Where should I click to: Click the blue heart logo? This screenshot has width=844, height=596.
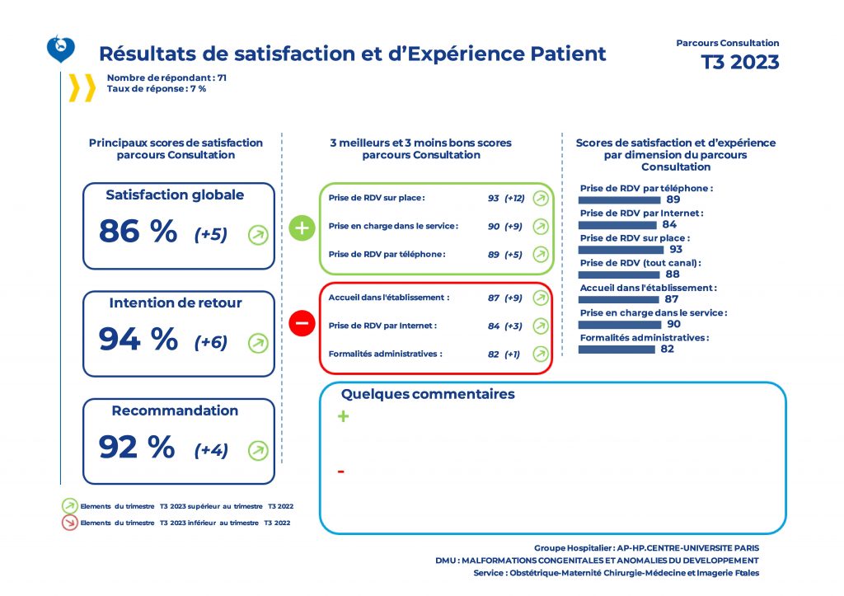[61, 49]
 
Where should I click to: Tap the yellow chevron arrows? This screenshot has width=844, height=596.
[82, 87]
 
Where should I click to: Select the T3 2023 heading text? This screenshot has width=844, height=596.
[739, 63]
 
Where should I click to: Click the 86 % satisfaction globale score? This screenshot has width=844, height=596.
[138, 232]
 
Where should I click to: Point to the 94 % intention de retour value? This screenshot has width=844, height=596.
[138, 339]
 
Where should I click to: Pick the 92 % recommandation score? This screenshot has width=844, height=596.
[137, 447]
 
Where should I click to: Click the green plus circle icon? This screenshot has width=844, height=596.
[302, 228]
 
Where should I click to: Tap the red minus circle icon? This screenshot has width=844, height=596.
[302, 324]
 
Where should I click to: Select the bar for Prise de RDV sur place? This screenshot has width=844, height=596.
[621, 249]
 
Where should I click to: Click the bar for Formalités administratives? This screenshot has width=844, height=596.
[617, 349]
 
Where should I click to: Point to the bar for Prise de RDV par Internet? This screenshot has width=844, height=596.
[617, 224]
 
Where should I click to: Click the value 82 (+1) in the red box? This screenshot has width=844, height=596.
[504, 354]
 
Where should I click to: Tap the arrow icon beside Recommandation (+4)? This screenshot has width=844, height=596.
[258, 450]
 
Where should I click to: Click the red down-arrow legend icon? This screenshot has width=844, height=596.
[70, 522]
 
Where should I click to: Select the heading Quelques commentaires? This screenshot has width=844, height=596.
[428, 394]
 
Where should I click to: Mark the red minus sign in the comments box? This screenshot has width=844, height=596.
[341, 472]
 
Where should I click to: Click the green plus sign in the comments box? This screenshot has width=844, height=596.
[343, 417]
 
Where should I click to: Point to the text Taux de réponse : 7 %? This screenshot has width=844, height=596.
[156, 88]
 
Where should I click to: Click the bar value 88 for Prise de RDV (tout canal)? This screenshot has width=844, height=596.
[672, 275]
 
